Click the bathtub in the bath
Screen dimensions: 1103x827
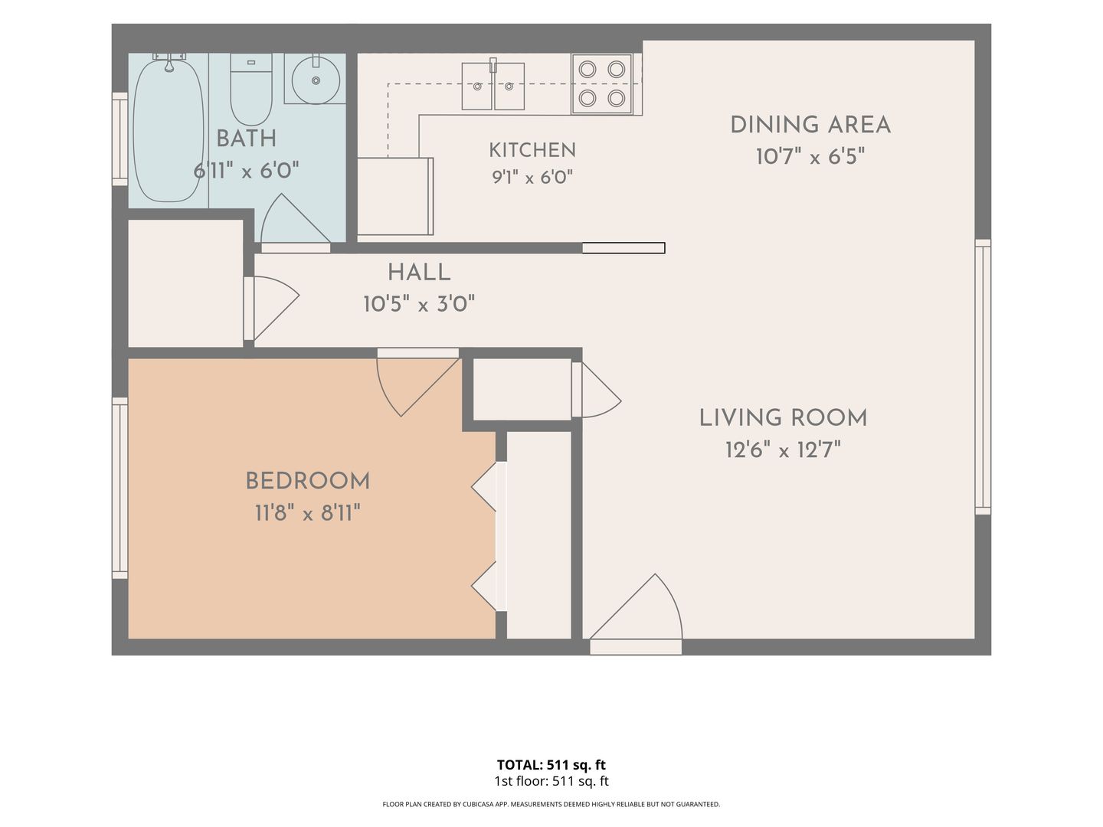[169, 130]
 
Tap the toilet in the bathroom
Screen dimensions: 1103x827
[251, 90]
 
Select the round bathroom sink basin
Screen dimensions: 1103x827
[316, 80]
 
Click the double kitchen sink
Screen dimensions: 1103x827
[493, 86]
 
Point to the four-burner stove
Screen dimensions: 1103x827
[601, 84]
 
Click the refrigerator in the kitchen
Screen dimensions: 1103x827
[395, 196]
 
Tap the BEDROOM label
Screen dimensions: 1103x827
[307, 481]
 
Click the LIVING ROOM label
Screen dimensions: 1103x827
[783, 418]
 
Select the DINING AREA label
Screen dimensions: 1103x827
[810, 125]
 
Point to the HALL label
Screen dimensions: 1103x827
[419, 273]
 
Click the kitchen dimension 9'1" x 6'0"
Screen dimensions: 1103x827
[532, 177]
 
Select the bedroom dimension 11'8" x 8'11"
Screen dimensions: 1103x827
[307, 513]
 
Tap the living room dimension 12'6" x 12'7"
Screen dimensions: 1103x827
[783, 450]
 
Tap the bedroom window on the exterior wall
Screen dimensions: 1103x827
[119, 488]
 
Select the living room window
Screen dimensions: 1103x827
[983, 377]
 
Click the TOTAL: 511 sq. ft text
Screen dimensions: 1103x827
[551, 765]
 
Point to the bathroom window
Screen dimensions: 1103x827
[119, 139]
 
